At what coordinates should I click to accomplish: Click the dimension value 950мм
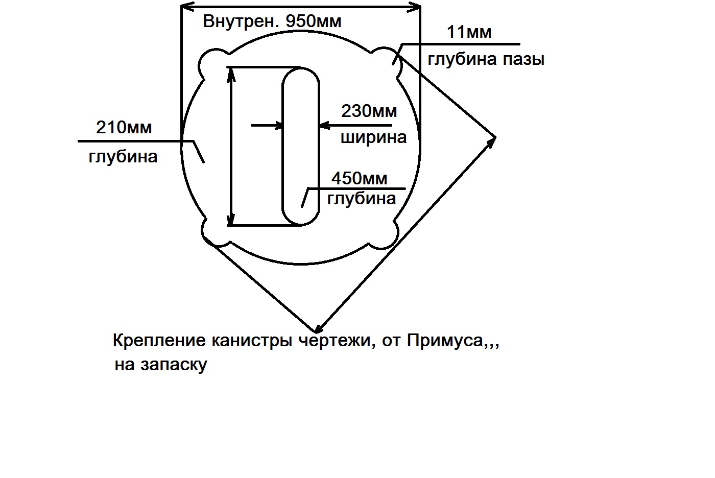click(x=314, y=21)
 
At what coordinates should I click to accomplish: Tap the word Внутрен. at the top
click(x=242, y=21)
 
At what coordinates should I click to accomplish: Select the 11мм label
click(x=469, y=32)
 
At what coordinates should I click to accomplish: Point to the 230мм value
click(x=369, y=111)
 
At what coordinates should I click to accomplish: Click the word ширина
click(x=373, y=137)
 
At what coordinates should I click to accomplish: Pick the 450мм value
click(x=359, y=178)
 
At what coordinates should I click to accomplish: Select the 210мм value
click(x=124, y=127)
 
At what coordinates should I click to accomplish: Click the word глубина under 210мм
click(x=123, y=156)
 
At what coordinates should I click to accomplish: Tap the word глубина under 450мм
click(x=361, y=198)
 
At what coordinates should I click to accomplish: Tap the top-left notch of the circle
click(x=210, y=64)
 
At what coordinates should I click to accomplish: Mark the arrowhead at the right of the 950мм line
click(x=416, y=7)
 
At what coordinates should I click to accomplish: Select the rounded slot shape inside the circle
click(x=301, y=146)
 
